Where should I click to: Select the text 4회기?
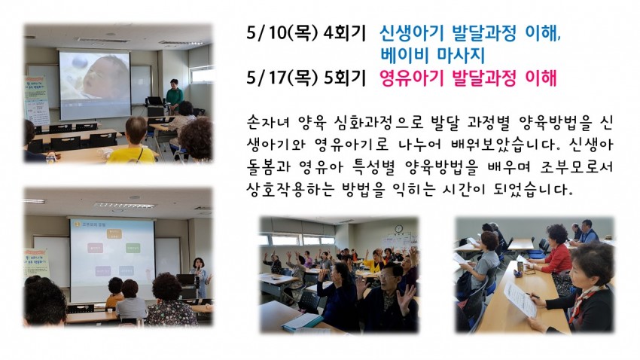(345, 33)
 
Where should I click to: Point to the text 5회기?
(345, 78)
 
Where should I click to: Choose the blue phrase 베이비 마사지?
(432, 55)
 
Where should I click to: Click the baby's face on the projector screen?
(105, 78)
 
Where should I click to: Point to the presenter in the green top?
(174, 96)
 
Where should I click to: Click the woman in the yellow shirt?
(132, 141)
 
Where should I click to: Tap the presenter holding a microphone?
(200, 277)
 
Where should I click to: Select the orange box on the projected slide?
(114, 233)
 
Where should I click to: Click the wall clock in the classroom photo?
(399, 229)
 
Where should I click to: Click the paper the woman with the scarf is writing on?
(520, 298)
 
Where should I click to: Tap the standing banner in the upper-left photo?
(37, 99)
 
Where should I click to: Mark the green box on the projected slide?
(133, 248)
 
